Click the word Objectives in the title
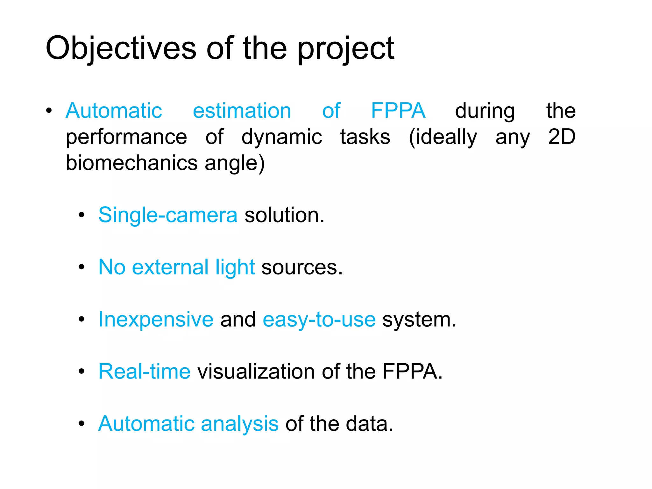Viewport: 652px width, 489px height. [x=121, y=48]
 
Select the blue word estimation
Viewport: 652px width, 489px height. [x=242, y=111]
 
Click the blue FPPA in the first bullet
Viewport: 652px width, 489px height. [x=398, y=111]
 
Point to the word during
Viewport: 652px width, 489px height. [x=485, y=111]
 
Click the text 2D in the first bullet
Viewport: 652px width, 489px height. [x=562, y=137]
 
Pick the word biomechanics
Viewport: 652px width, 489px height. [x=131, y=163]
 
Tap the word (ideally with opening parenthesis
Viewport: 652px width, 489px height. [x=443, y=138]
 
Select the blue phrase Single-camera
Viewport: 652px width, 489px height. [x=168, y=215]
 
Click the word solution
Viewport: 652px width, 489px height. [x=284, y=215]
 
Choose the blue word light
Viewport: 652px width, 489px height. [x=235, y=267]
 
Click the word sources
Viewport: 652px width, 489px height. [x=301, y=267]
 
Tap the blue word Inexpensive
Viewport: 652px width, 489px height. [x=156, y=319]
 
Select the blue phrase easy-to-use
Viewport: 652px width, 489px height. [x=319, y=320]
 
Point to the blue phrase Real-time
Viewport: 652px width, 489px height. [x=144, y=372]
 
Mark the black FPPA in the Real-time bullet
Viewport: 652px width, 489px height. [x=412, y=372]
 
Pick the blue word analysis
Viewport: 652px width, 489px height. [x=239, y=424]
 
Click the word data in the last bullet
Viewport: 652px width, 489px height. [x=369, y=424]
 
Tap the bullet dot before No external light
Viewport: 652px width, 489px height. [x=81, y=267]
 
